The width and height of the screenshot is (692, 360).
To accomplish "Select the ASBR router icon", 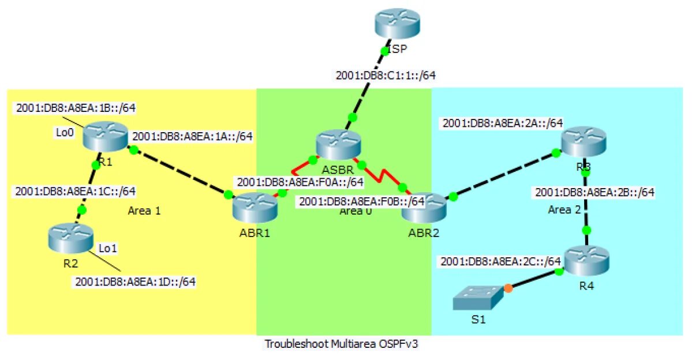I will tap(339, 142).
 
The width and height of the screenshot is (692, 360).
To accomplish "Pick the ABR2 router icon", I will tap(424, 206).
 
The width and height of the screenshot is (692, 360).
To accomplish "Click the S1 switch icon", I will tap(475, 298).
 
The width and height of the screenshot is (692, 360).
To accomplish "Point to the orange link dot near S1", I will tap(508, 287).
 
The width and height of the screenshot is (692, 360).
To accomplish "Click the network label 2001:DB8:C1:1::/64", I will tap(385, 75).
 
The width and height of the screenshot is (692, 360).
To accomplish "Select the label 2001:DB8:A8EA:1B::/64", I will tap(76, 107).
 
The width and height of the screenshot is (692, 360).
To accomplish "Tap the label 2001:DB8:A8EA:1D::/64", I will tap(135, 282).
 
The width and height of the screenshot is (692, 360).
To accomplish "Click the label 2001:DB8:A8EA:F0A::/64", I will tap(299, 182).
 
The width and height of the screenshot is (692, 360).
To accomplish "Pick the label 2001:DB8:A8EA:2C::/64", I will tap(500, 261).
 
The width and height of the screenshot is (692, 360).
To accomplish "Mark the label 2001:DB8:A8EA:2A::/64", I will tap(502, 123).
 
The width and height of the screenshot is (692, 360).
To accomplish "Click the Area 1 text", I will tap(144, 211).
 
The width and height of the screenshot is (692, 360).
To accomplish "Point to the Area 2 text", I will tap(564, 209).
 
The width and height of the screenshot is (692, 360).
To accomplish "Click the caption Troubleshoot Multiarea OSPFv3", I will tap(348, 344).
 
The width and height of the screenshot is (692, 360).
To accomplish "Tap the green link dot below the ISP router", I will tap(384, 51).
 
